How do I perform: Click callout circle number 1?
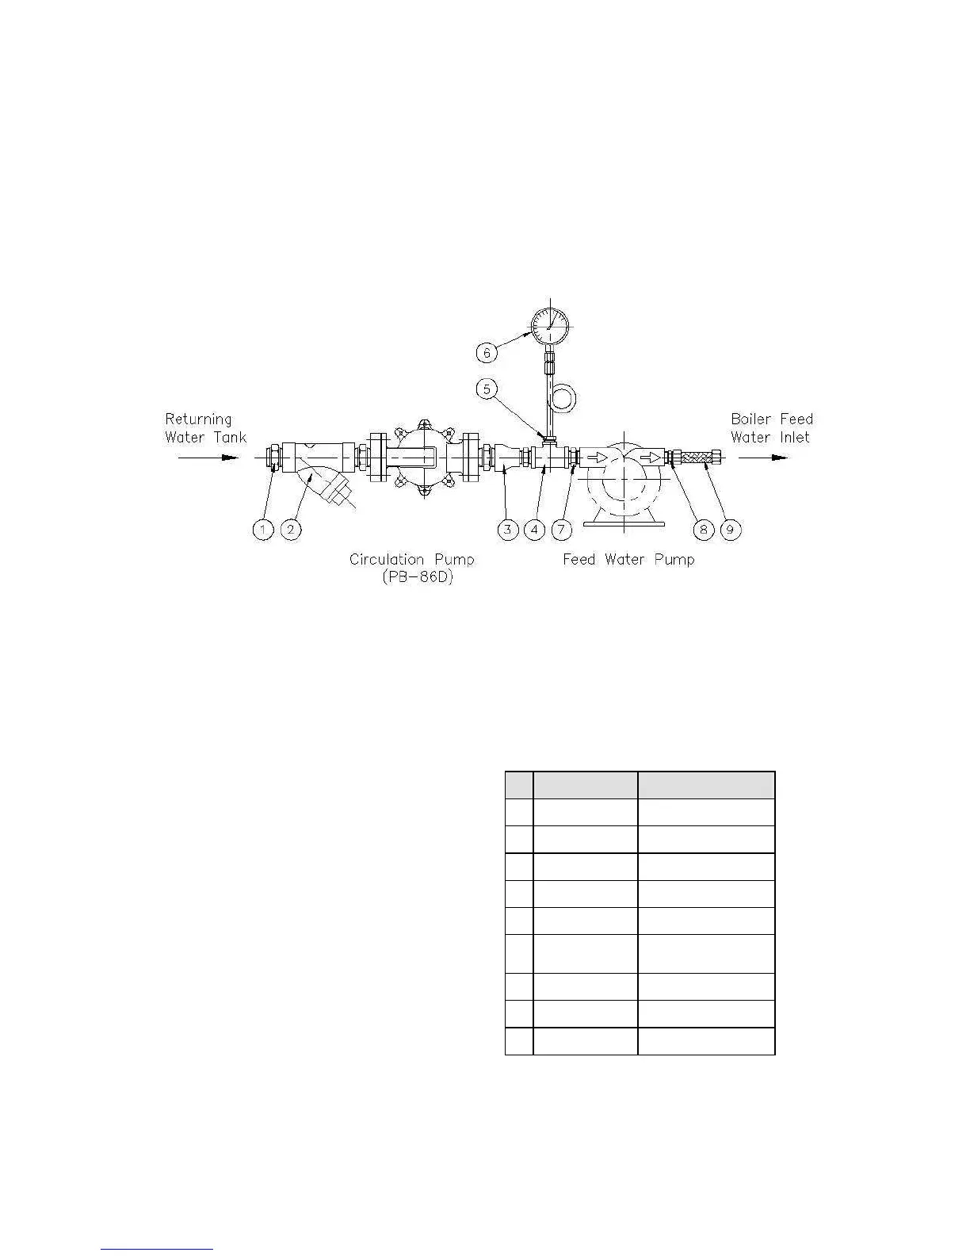tap(263, 529)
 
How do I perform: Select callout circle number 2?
tap(292, 529)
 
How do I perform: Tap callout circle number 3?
tap(507, 529)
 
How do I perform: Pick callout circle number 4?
tap(535, 529)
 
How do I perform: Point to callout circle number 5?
tap(487, 389)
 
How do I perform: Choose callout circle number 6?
tap(487, 351)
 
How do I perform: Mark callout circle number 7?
tap(562, 529)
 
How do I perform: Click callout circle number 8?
tap(703, 529)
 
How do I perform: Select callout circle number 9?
tap(731, 529)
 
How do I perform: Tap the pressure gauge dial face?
tap(550, 327)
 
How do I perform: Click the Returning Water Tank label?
tap(205, 427)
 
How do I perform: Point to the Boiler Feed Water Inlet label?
tap(771, 427)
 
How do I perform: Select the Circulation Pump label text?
tap(411, 560)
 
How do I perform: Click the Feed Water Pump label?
tap(628, 560)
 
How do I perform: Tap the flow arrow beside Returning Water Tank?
tap(208, 458)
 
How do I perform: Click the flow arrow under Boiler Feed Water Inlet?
tap(763, 458)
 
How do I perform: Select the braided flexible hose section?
tap(697, 458)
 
